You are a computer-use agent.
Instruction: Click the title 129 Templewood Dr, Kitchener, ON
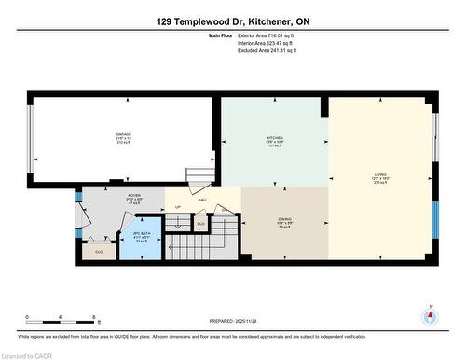(x=232, y=21)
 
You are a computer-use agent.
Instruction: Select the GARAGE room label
(x=124, y=135)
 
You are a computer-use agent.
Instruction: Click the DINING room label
(x=284, y=220)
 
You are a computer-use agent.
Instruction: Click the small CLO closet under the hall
(x=200, y=224)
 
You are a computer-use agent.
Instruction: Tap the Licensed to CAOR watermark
(x=28, y=355)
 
